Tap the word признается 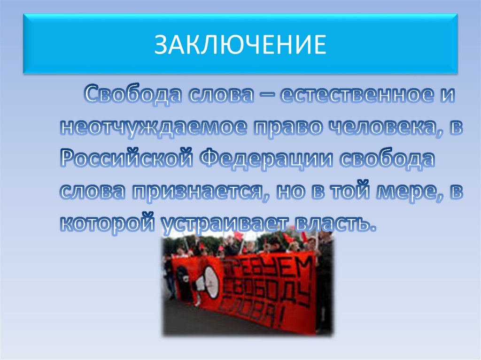click(x=200, y=191)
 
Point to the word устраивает click(x=226, y=223)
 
